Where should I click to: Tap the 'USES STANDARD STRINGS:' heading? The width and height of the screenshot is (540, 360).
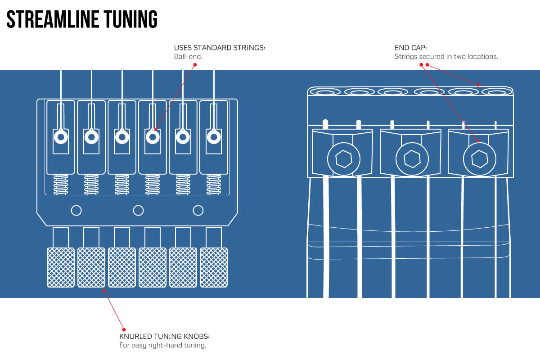220,48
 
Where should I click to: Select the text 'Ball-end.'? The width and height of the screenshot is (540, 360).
189,57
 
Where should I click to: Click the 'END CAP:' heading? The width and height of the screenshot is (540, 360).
411,48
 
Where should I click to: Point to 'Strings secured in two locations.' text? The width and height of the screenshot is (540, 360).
446,57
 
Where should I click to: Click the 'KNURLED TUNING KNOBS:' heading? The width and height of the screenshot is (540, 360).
164,337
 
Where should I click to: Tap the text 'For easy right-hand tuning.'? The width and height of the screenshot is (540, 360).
162,346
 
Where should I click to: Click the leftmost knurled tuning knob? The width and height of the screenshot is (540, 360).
61,267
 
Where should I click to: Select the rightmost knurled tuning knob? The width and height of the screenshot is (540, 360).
214,267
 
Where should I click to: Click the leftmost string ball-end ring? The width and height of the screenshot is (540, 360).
61,137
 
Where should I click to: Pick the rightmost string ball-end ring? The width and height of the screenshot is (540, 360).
213,137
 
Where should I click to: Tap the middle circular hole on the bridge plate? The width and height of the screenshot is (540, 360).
139,210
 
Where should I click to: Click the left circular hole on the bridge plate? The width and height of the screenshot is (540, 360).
76,210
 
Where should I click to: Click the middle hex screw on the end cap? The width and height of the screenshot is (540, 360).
412,159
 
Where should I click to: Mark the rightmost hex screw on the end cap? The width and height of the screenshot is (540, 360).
480,159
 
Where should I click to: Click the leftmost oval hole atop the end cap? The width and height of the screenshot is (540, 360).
325,92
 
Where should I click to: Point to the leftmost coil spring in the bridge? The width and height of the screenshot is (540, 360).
61,184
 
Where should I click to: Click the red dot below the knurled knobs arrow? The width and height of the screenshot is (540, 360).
124,329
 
